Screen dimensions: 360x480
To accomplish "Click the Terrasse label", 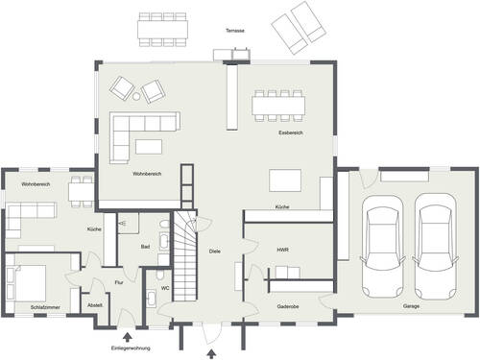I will point(235,31).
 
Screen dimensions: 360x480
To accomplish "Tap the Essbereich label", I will point(291,132).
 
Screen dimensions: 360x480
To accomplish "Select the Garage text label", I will point(411,307).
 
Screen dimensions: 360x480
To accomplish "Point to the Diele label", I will point(215,251).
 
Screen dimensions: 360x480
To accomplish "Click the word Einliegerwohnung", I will point(130,348).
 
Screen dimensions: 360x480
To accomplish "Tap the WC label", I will point(164,287).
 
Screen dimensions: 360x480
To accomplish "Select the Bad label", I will point(145,247).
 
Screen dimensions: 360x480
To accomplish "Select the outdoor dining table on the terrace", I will point(162,29).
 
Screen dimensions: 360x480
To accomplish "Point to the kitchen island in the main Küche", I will point(284,180).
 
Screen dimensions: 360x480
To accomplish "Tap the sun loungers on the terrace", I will point(296,26).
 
